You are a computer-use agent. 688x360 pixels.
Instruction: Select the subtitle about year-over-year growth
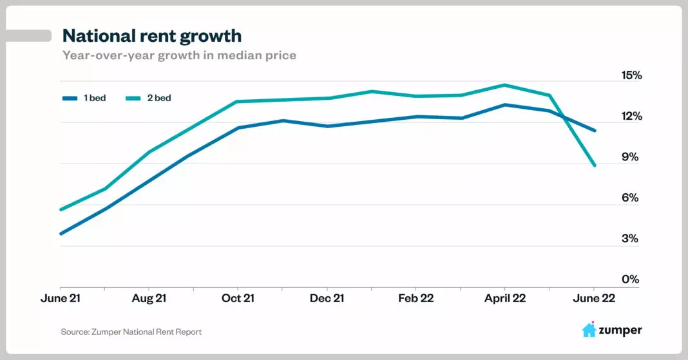click(179, 55)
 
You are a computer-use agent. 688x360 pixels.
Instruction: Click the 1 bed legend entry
click(84, 99)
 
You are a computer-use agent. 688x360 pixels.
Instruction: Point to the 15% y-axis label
click(631, 75)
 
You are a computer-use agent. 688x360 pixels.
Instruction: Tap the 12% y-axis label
click(631, 117)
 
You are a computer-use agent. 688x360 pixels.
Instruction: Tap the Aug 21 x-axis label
click(149, 298)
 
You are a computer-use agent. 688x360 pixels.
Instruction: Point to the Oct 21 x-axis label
click(238, 298)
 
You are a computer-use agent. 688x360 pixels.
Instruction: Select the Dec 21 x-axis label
click(327, 298)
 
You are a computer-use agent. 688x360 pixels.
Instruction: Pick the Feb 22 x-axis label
click(416, 298)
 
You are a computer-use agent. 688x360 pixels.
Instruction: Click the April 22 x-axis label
click(504, 298)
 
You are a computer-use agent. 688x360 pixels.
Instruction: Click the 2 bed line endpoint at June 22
click(594, 166)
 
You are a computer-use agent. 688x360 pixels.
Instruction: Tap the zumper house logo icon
click(589, 330)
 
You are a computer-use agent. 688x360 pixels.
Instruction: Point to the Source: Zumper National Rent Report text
click(131, 332)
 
